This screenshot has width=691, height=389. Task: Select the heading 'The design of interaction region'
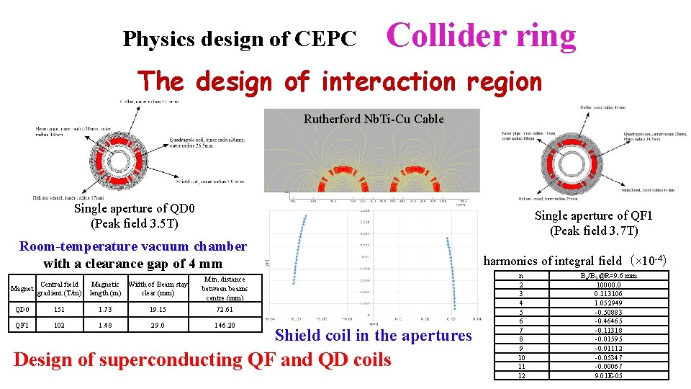pyautogui.click(x=339, y=81)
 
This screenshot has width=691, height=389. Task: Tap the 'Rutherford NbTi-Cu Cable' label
pyautogui.click(x=373, y=119)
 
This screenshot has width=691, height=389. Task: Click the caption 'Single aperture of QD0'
pyautogui.click(x=134, y=208)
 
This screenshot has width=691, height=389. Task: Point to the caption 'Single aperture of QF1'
pyautogui.click(x=594, y=216)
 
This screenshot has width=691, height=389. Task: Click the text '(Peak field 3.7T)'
pyautogui.click(x=594, y=231)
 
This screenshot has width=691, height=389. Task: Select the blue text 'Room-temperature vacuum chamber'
pyautogui.click(x=133, y=246)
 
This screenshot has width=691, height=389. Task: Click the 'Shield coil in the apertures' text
pyautogui.click(x=373, y=335)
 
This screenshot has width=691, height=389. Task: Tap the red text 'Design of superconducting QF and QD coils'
pyautogui.click(x=202, y=359)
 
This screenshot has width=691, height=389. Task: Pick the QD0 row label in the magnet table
pyautogui.click(x=23, y=310)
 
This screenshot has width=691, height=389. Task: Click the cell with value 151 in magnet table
pyautogui.click(x=60, y=310)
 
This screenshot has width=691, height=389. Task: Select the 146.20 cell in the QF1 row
pyautogui.click(x=225, y=325)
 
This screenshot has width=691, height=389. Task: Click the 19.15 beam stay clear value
pyautogui.click(x=158, y=310)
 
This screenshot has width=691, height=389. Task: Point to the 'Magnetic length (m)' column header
pyautogui.click(x=105, y=288)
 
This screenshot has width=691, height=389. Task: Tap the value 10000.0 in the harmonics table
pyautogui.click(x=609, y=285)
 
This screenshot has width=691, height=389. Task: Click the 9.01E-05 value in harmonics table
pyautogui.click(x=609, y=375)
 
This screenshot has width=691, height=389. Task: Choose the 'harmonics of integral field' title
pyautogui.click(x=574, y=260)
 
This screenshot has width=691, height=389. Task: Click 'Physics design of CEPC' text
pyautogui.click(x=239, y=39)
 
